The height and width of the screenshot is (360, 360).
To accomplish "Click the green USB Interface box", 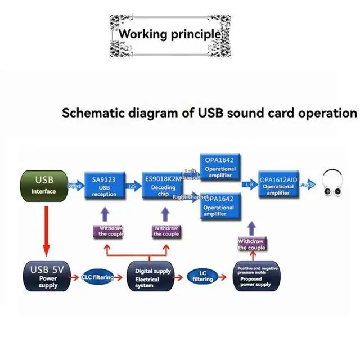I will (x=44, y=186).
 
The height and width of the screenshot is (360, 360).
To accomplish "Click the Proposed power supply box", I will (x=256, y=276).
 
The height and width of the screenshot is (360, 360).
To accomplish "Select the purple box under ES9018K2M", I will (x=166, y=231).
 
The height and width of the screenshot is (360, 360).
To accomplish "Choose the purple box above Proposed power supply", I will (x=251, y=244).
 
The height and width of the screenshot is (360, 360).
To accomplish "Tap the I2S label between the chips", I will (x=132, y=185).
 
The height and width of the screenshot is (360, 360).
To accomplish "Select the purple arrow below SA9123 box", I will (x=104, y=213).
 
